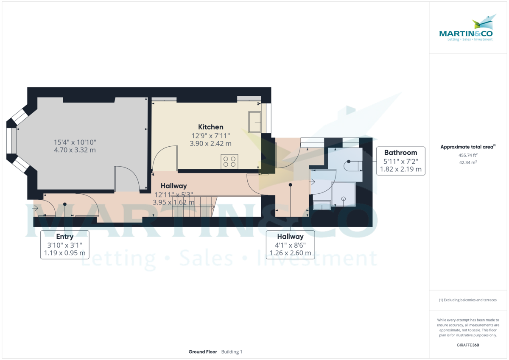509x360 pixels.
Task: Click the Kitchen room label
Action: coord(210,127)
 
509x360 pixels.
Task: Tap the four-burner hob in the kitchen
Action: coord(229,162)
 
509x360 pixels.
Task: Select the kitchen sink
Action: coord(255,122)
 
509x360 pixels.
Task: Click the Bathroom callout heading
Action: coord(400,152)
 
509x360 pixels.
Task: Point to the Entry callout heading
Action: coord(64,237)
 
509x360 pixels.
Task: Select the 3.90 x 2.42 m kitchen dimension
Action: coord(210,144)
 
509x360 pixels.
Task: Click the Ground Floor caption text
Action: coord(203,352)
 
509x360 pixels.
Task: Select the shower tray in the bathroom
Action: coord(343,194)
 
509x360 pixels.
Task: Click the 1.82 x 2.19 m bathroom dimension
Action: coord(400,169)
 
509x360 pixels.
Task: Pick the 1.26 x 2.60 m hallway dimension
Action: coord(290,254)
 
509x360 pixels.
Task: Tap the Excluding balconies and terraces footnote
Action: coord(467,300)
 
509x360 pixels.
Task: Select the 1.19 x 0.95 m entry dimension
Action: coord(64,254)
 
